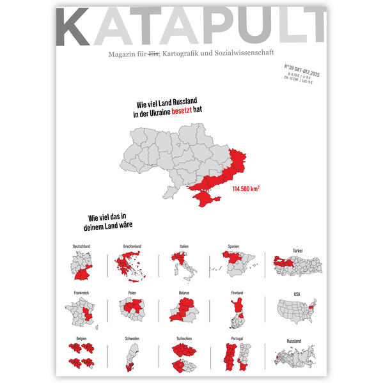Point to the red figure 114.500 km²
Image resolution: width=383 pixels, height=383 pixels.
tap(246, 189)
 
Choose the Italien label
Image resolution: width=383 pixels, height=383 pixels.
tap(184, 246)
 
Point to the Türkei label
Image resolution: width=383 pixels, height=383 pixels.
tap(296, 250)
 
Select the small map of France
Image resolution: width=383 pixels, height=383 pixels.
tap(81, 312)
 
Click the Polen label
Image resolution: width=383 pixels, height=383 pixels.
tap(132, 293)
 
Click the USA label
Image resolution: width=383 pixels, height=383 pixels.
tap(296, 294)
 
